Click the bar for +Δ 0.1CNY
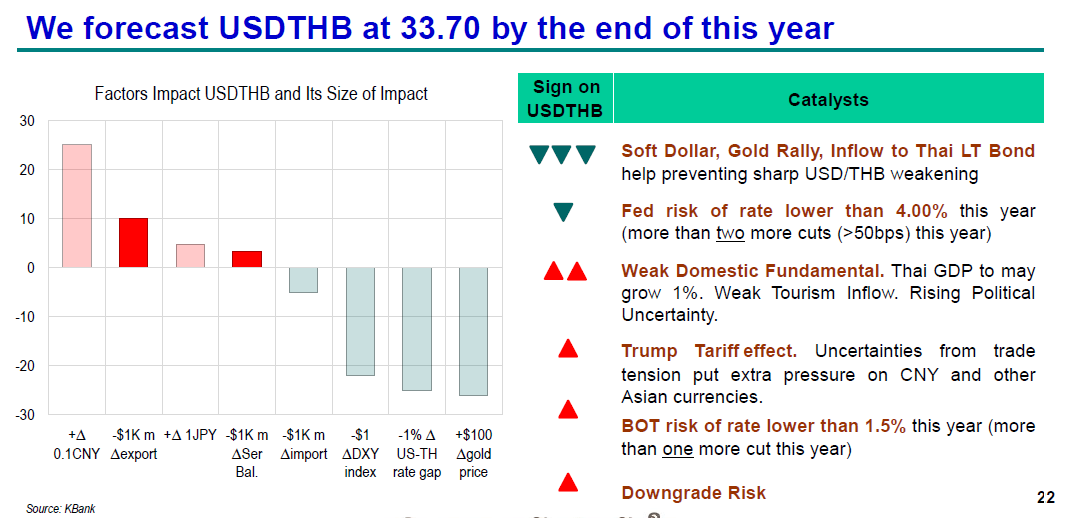(77, 206)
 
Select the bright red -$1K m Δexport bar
(133, 243)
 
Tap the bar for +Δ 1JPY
(190, 256)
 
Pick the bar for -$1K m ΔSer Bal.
(247, 259)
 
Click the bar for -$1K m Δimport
(303, 280)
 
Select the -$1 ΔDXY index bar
(360, 321)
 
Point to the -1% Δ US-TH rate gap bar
(417, 329)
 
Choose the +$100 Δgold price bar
(473, 331)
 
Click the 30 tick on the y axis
(27, 121)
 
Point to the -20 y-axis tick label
(25, 366)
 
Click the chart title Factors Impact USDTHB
(261, 94)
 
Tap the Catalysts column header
(828, 100)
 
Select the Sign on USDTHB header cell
(565, 99)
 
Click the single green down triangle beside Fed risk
(563, 212)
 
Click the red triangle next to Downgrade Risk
(568, 483)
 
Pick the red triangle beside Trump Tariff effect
(568, 349)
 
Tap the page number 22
(1046, 498)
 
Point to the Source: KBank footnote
(60, 509)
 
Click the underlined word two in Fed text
(728, 234)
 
